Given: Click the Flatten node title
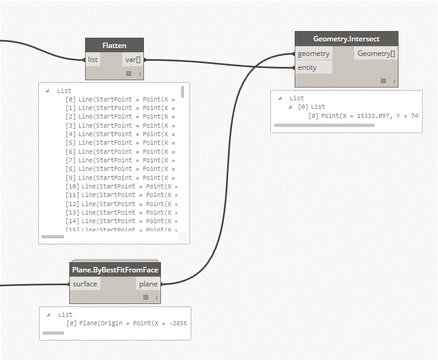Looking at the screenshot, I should [114, 45].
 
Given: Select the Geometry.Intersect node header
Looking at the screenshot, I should [346, 39].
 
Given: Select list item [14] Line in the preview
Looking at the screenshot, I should [122, 221].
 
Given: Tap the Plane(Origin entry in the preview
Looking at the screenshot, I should [127, 324].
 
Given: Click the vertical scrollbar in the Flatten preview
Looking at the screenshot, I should [182, 92].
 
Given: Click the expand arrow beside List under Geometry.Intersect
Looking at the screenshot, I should [280, 98].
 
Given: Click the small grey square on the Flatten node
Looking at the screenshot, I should [129, 74].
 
